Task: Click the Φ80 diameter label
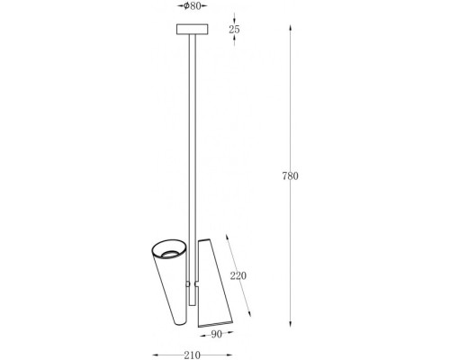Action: pos(192,6)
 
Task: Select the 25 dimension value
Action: pos(234,30)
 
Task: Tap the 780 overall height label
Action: pos(291,175)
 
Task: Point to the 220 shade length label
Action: pos(238,275)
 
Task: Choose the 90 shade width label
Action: pos(216,334)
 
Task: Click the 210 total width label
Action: pos(192,355)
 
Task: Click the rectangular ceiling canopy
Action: pos(192,29)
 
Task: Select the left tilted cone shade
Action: pos(169,282)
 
